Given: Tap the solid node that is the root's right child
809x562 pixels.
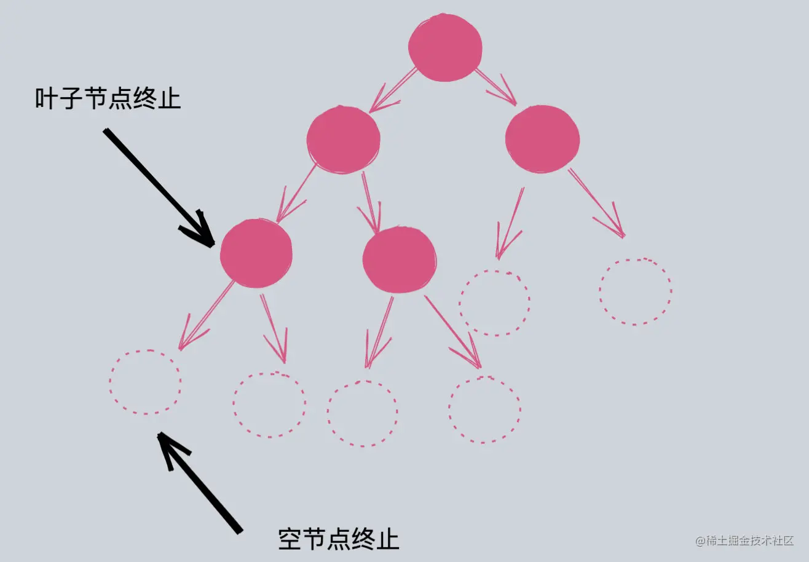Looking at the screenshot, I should pyautogui.click(x=542, y=138).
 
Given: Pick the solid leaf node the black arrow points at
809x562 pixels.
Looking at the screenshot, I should pyautogui.click(x=256, y=253).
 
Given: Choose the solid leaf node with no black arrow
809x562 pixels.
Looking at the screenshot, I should pyautogui.click(x=399, y=259).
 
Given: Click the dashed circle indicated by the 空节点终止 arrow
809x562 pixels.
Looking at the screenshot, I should pyautogui.click(x=146, y=382).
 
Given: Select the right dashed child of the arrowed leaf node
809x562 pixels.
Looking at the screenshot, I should pyautogui.click(x=269, y=405).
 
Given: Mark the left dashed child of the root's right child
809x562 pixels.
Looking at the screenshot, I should pyautogui.click(x=494, y=303).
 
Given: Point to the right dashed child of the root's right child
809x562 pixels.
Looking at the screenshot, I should pyautogui.click(x=635, y=291).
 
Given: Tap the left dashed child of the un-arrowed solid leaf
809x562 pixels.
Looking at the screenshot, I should pyautogui.click(x=362, y=413).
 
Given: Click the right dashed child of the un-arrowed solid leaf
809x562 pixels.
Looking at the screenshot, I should pyautogui.click(x=484, y=409).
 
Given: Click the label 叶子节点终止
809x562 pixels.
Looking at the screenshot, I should pyautogui.click(x=108, y=98).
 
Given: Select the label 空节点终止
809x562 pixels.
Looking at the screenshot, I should pyautogui.click(x=339, y=539).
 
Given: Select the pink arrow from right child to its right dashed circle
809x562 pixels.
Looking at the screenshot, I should pyautogui.click(x=596, y=203).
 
